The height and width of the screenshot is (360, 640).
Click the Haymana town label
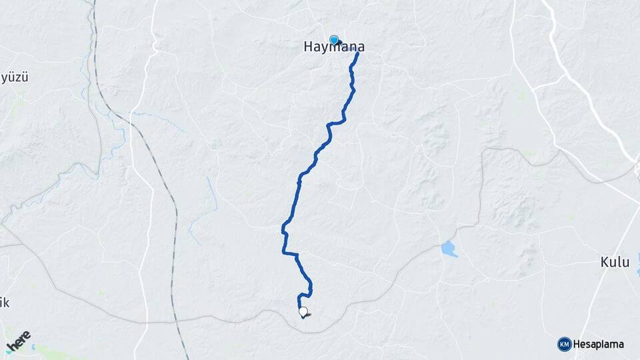click(x=334, y=47)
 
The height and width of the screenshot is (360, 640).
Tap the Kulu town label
click(x=614, y=263)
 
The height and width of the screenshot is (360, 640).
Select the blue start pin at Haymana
click(x=334, y=40)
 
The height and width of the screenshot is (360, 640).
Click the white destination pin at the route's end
click(x=303, y=311)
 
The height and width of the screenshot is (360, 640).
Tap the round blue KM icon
click(x=564, y=344)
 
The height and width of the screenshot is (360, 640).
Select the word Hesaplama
click(x=599, y=344)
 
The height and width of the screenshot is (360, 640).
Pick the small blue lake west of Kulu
click(x=449, y=249)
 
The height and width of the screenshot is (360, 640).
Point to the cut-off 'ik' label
click(x=4, y=303)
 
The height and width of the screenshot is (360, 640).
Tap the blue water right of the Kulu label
click(x=638, y=264)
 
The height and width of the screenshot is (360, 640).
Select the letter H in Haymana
click(x=308, y=47)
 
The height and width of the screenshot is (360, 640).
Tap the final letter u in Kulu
click(x=625, y=263)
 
